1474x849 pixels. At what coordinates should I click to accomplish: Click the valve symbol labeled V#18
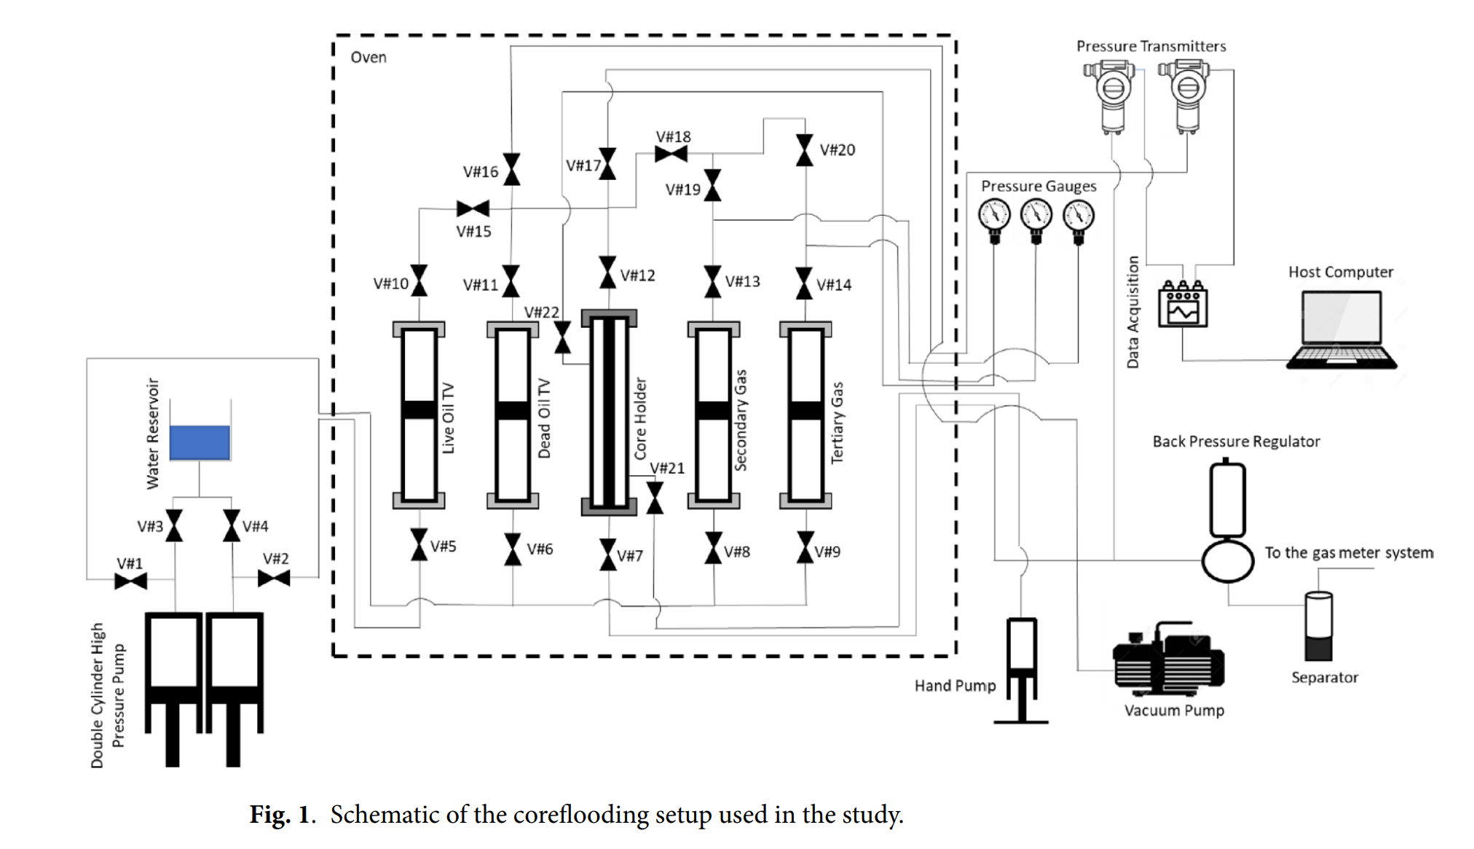[671, 154]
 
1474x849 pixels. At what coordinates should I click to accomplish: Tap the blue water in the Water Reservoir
[200, 442]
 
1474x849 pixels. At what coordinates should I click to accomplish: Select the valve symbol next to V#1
[131, 581]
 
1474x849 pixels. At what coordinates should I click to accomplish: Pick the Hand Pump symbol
[1021, 670]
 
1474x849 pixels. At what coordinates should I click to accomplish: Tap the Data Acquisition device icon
[1183, 305]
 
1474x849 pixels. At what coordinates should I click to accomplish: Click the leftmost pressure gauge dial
[994, 216]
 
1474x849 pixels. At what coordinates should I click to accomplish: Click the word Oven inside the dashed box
[368, 58]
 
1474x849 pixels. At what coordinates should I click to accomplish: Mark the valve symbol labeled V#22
[563, 338]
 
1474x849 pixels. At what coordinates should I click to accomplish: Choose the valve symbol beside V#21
[655, 498]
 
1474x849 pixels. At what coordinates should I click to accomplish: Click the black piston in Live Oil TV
[419, 410]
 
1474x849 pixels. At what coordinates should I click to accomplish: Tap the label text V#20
[837, 150]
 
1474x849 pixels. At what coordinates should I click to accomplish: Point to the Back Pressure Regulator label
[1236, 442]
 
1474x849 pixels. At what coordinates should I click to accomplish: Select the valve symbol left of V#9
[805, 547]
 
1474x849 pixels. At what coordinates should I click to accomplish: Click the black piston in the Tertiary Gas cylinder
[805, 410]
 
